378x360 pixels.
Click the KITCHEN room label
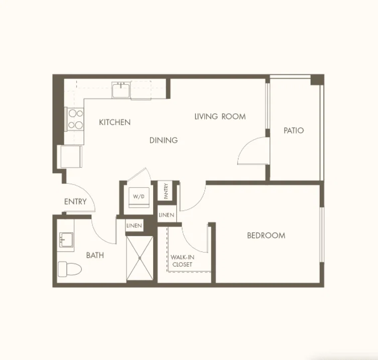[115, 122]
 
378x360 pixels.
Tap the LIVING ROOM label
[220, 116]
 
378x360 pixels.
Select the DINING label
[164, 140]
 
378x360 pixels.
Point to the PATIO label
[294, 131]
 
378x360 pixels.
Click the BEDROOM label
[266, 235]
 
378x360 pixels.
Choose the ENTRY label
[75, 201]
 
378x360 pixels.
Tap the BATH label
[95, 255]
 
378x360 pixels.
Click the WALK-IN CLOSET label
[182, 261]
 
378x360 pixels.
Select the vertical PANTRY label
[166, 191]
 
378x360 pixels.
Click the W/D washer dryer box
[139, 197]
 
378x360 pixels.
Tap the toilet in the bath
[70, 269]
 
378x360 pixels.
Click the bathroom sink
[66, 239]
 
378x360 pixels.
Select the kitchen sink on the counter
[121, 90]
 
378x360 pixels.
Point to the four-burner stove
[75, 119]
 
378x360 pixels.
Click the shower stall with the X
[140, 258]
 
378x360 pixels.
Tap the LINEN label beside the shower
[134, 226]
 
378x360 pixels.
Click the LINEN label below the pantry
[166, 215]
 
